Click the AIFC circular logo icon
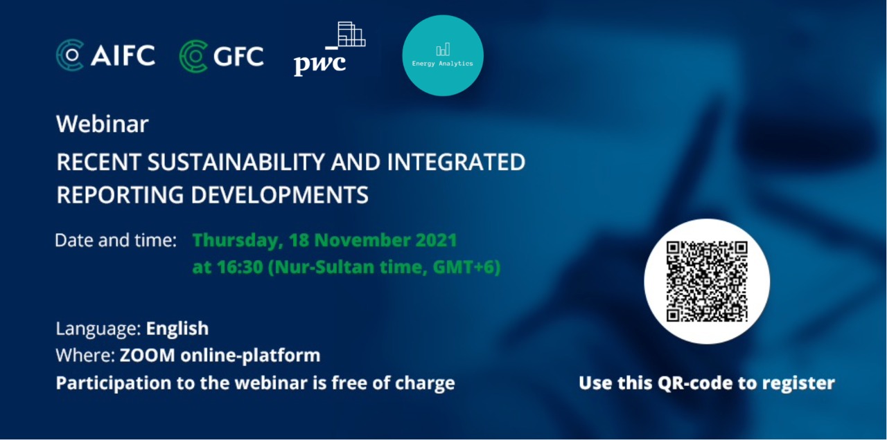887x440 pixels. point(70,55)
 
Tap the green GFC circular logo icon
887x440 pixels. point(193,56)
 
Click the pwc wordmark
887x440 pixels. point(319,64)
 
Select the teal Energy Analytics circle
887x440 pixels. point(443,55)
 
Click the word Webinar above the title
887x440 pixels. point(102,124)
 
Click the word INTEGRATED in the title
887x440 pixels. point(456,162)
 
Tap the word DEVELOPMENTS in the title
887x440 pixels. point(279,195)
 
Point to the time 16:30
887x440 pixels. point(240,267)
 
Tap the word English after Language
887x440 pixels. point(177,329)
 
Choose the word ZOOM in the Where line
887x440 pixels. point(148,356)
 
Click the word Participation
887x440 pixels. point(114,383)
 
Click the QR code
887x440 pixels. point(707,282)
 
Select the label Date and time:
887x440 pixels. point(116,240)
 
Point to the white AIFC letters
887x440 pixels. point(123,55)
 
